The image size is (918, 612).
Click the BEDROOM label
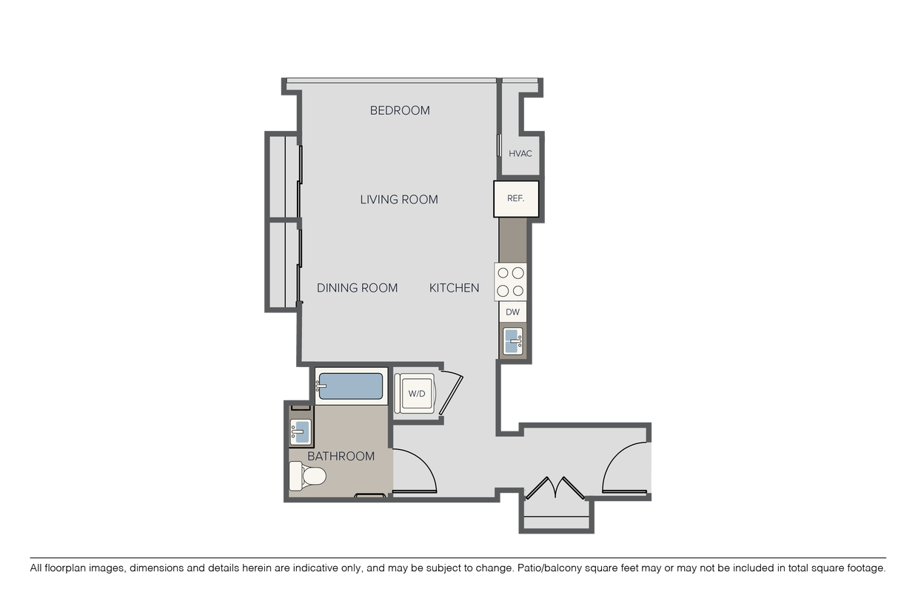pyautogui.click(x=400, y=110)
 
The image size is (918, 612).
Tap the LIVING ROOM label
pyautogui.click(x=399, y=200)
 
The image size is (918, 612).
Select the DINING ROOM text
pyautogui.click(x=357, y=288)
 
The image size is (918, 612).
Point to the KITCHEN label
pyautogui.click(x=454, y=288)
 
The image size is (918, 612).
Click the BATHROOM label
pyautogui.click(x=341, y=457)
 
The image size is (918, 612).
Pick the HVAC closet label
pyautogui.click(x=520, y=154)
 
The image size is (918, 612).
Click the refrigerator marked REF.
pyautogui.click(x=516, y=198)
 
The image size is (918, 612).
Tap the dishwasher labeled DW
pyautogui.click(x=513, y=312)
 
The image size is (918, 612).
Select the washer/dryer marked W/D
pyautogui.click(x=415, y=393)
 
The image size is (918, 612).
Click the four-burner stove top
pyautogui.click(x=511, y=282)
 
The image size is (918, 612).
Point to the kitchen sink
pyautogui.click(x=513, y=341)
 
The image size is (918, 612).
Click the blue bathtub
pyautogui.click(x=350, y=386)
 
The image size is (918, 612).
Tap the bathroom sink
pyautogui.click(x=301, y=431)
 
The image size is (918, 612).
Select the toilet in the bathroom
pyautogui.click(x=307, y=476)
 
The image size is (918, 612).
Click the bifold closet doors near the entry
pyautogui.click(x=555, y=488)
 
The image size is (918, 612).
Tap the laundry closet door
pyautogui.click(x=451, y=393)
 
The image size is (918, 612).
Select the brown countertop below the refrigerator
pyautogui.click(x=513, y=240)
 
